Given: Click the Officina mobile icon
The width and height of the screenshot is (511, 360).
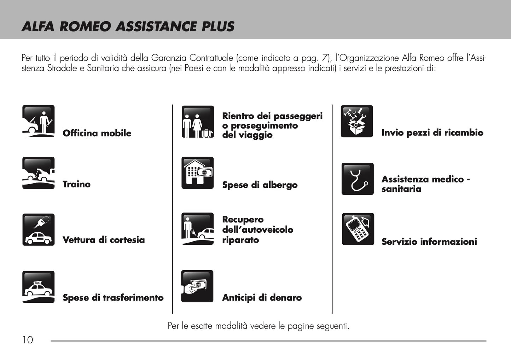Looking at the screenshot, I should point(38,121).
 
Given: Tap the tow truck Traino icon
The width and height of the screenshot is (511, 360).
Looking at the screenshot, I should point(38,173).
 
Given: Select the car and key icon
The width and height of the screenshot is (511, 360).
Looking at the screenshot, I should point(38,230).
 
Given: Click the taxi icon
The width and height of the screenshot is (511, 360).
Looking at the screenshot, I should point(38,287).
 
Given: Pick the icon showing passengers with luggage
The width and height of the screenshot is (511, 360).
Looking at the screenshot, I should point(198,122).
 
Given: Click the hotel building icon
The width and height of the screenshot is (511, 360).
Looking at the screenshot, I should point(198,173).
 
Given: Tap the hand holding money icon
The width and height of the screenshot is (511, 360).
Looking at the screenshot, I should point(197,286).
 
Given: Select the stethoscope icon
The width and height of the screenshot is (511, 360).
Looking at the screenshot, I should point(357,179).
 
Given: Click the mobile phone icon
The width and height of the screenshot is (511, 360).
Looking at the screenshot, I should point(358,229).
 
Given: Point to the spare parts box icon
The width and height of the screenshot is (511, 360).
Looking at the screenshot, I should point(357,121).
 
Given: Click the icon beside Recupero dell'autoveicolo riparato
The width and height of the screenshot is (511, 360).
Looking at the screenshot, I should point(198,229).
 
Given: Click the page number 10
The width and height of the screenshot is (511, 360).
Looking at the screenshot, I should point(28,340).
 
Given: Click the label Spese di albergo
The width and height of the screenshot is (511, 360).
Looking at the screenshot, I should point(260,185).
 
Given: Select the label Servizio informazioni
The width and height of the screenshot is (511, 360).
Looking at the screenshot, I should point(429,242).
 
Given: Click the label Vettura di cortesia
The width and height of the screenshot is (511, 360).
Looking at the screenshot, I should point(104,240).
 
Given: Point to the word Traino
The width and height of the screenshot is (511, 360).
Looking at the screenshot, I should point(76,184).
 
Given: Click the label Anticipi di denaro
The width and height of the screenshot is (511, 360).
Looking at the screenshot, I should point(262,298).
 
